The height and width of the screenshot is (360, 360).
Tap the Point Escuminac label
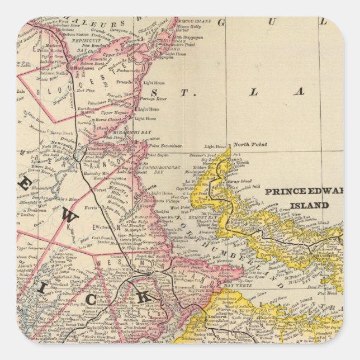point(165,145)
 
